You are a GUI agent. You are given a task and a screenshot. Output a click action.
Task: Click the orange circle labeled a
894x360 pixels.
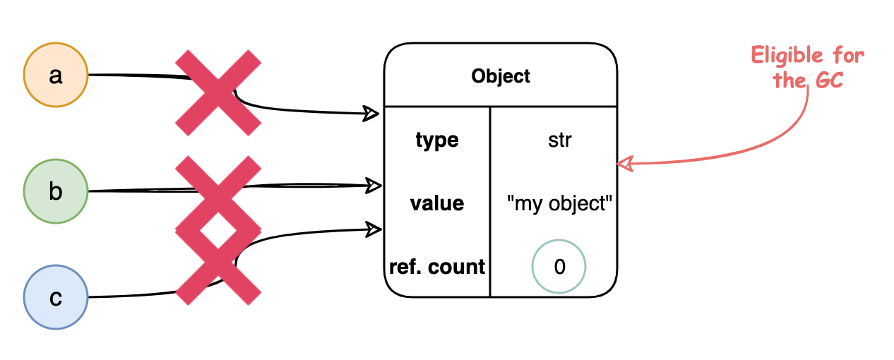(x=56, y=76)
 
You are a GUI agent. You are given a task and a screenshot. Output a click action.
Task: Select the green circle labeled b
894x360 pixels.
(x=56, y=191)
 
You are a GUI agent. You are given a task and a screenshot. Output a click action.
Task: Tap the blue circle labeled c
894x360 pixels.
(x=56, y=298)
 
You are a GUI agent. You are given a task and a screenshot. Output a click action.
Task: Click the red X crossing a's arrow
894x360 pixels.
(x=217, y=92)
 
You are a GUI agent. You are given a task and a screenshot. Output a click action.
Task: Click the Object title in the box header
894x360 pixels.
(x=501, y=76)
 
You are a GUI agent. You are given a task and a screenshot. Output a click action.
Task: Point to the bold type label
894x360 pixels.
(x=437, y=140)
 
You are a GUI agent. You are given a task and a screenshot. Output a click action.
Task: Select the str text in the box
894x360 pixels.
(x=559, y=140)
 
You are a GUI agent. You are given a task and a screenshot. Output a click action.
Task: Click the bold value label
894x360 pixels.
(x=437, y=204)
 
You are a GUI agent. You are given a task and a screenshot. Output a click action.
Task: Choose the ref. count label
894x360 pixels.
(x=437, y=267)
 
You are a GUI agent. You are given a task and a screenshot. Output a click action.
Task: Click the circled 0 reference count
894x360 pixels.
(x=559, y=268)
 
